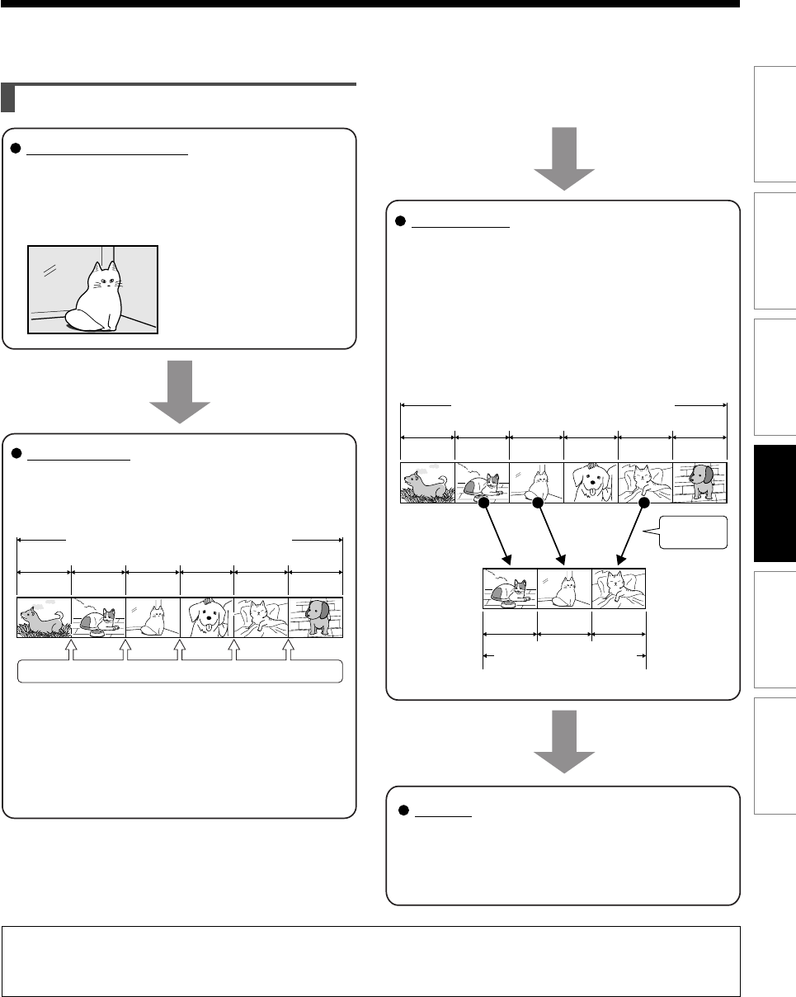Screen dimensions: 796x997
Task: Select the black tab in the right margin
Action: pos(774,504)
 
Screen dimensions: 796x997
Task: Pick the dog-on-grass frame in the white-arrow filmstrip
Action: pos(45,617)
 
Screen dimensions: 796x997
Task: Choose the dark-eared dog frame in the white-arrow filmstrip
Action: pos(315,617)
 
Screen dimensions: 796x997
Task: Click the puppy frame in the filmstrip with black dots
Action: pos(590,483)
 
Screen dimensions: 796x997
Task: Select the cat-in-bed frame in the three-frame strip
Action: pos(618,588)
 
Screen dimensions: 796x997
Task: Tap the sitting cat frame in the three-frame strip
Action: pos(563,588)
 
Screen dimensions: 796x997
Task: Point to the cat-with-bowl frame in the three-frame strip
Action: pos(509,588)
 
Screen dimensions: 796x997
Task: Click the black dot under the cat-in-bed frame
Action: pos(644,503)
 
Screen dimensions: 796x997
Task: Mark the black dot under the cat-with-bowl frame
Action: pos(484,503)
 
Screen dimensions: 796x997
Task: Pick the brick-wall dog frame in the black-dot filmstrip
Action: pos(699,483)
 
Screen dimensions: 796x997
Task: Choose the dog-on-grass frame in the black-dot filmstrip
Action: pos(428,483)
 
